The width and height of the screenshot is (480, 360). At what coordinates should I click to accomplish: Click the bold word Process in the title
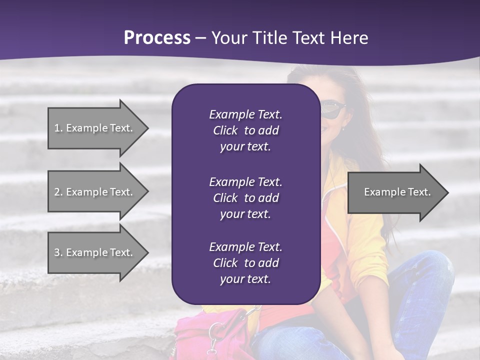[157, 38]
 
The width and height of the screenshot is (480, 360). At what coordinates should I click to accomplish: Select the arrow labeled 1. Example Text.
[95, 128]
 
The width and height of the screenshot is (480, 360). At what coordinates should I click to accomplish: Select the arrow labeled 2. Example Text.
[95, 192]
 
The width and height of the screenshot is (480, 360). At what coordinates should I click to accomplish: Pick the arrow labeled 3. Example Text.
[95, 252]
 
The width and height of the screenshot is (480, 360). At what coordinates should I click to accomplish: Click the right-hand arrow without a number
[395, 192]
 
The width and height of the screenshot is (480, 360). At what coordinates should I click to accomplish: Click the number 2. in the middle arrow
[58, 192]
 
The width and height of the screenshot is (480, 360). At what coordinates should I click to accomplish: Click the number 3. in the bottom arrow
[58, 252]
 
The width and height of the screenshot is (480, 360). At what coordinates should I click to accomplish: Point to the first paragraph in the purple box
[245, 130]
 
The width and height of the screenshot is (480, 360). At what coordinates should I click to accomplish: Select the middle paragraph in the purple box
[245, 197]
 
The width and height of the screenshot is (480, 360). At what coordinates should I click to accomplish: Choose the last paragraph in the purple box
[245, 263]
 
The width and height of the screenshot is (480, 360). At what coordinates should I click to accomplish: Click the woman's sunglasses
[332, 108]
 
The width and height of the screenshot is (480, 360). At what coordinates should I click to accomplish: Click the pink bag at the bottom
[200, 337]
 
